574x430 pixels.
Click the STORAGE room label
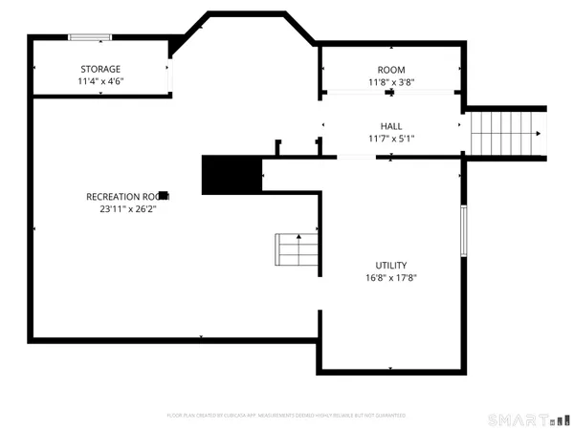point(100,69)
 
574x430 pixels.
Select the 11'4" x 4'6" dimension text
point(100,81)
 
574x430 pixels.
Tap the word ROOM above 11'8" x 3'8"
point(391,70)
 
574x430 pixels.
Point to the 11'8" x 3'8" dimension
point(391,82)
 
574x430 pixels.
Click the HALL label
point(391,126)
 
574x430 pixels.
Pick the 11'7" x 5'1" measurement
point(391,139)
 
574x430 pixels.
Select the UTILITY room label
point(391,266)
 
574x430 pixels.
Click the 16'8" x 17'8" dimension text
point(391,278)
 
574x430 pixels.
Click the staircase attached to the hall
point(502,135)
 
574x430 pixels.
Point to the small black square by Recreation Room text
point(164,194)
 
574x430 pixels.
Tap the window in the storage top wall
point(90,37)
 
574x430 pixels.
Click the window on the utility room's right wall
point(463,231)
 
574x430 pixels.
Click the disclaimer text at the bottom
point(286,416)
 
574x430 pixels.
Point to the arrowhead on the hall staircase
point(541,135)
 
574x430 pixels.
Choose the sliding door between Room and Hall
point(391,92)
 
